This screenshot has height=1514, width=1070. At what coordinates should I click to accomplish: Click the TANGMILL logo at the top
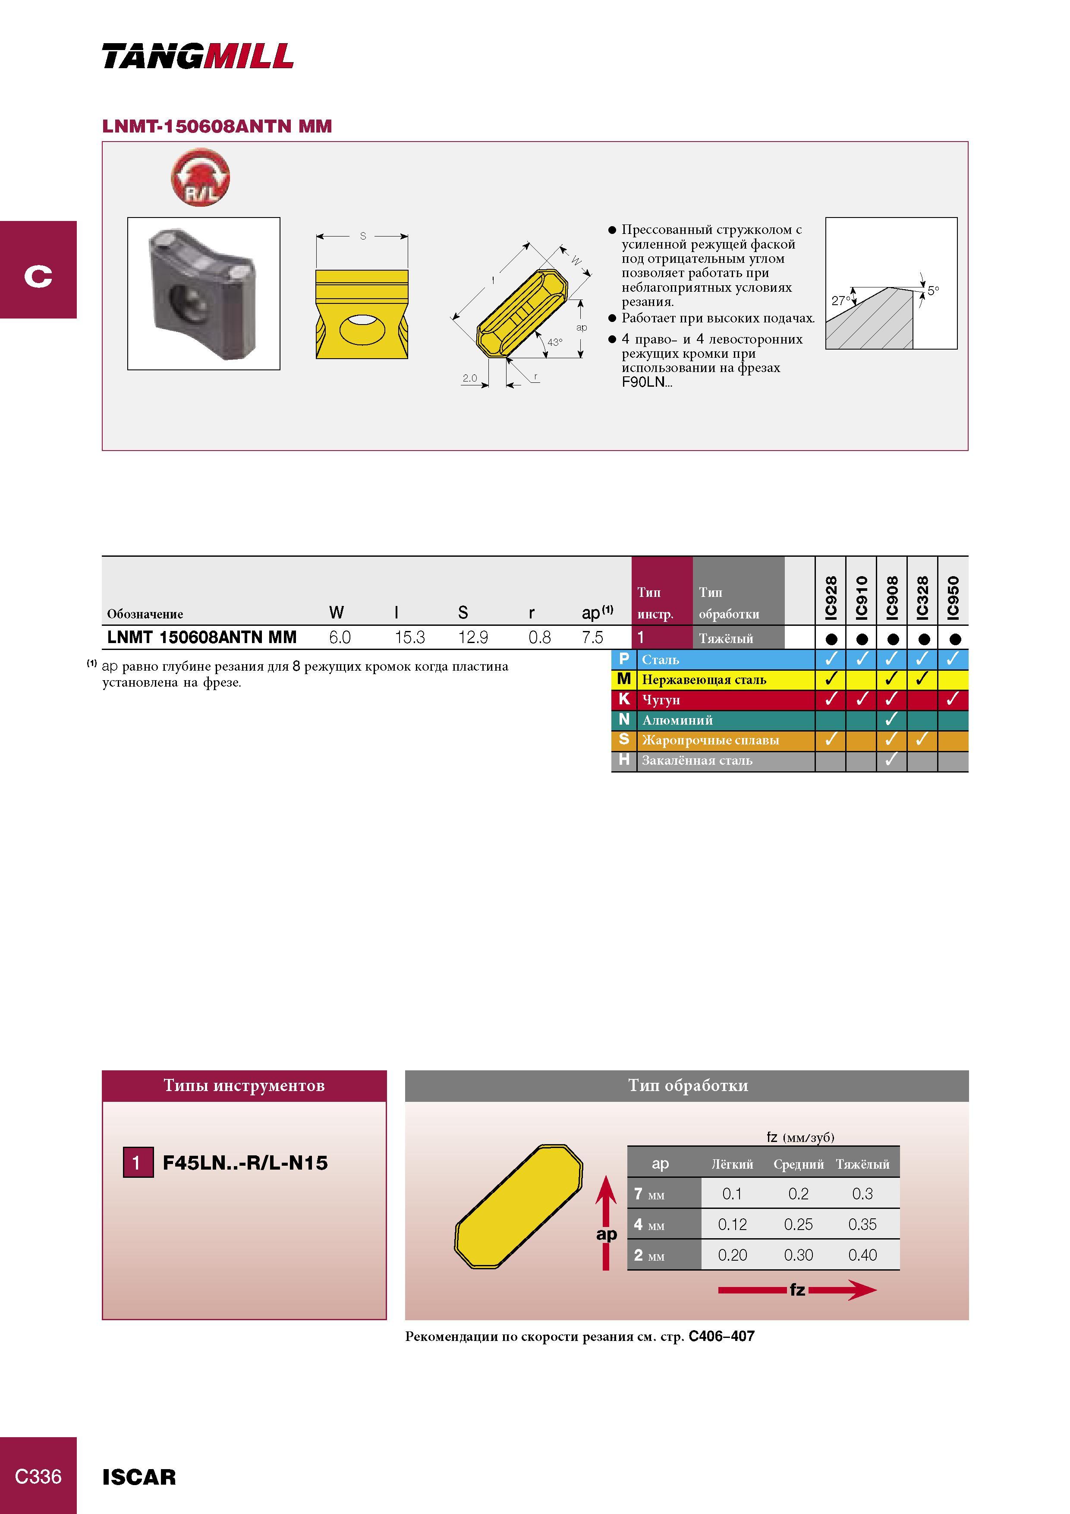[x=198, y=56]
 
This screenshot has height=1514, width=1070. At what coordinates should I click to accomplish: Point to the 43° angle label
[x=554, y=342]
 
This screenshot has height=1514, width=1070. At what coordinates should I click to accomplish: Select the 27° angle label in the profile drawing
[x=840, y=301]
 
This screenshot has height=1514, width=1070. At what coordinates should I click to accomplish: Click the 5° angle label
[x=933, y=290]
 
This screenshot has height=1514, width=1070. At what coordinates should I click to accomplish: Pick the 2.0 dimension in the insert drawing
[x=469, y=378]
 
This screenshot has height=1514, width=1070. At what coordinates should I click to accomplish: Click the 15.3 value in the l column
[x=409, y=637]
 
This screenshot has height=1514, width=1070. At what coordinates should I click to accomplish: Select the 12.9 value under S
[x=473, y=637]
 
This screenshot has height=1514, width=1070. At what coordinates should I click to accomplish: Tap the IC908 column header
[x=892, y=597]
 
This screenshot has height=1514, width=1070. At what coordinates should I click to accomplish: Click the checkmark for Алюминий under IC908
[x=891, y=719]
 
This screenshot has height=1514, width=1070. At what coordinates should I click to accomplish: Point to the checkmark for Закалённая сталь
[x=891, y=760]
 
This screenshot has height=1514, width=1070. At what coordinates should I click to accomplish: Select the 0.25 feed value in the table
[x=798, y=1224]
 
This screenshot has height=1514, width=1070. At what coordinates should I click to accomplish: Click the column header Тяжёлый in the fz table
[x=862, y=1164]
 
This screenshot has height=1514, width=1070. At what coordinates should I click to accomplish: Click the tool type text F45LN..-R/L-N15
[x=245, y=1163]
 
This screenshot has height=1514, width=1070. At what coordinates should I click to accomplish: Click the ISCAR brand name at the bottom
[x=139, y=1477]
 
